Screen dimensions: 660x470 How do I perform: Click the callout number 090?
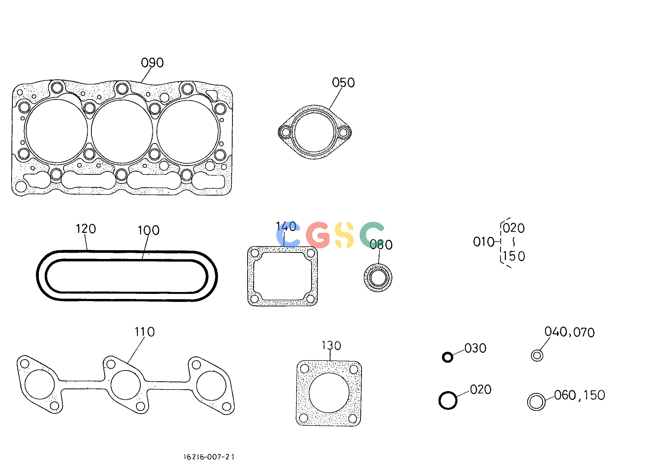click(152, 63)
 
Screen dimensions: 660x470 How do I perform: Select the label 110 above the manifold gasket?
click(145, 332)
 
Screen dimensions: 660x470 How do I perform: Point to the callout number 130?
click(331, 346)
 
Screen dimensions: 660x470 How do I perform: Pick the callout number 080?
click(381, 245)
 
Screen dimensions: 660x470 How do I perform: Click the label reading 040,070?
click(570, 332)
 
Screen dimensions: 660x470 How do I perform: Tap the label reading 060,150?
click(579, 395)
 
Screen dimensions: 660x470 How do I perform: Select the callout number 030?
click(475, 349)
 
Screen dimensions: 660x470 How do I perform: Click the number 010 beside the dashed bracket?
click(484, 242)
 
